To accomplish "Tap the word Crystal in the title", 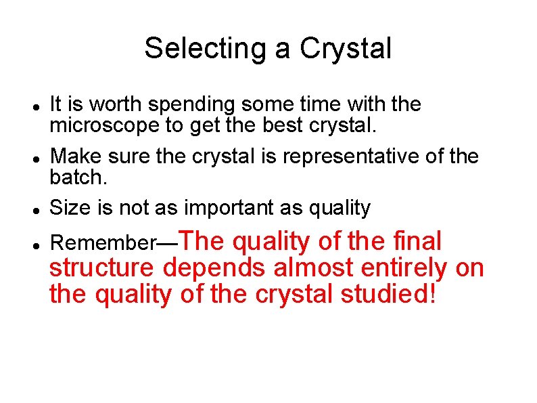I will coord(346,48).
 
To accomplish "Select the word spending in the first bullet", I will coord(191,105).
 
